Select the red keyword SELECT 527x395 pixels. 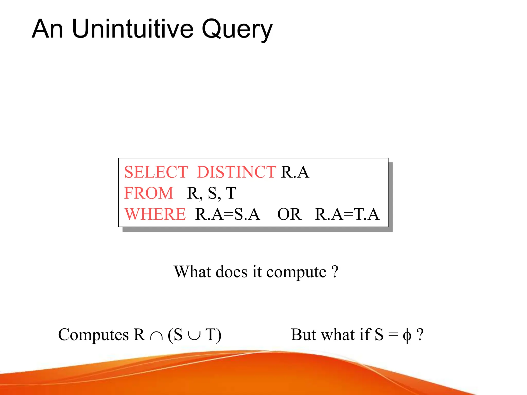[156, 172]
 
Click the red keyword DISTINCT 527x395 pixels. [236, 172]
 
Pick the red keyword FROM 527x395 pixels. [149, 193]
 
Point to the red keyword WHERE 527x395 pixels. [155, 214]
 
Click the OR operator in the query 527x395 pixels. [289, 214]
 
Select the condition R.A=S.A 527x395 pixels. [227, 214]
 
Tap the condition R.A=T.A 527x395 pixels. [347, 214]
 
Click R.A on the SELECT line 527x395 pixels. [295, 172]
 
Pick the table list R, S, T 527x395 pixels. [212, 193]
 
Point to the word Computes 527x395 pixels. [93, 335]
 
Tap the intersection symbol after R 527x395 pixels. [156, 336]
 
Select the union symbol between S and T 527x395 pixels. [194, 336]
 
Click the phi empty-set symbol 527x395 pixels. [407, 336]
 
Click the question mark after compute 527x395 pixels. [335, 272]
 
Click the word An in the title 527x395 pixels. [47, 29]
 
